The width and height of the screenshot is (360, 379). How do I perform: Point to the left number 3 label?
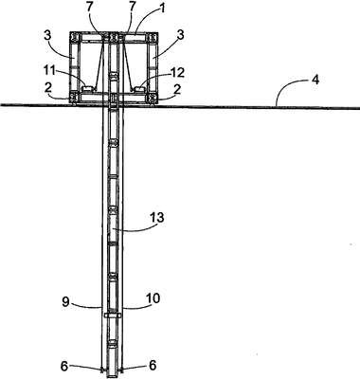click(x=47, y=37)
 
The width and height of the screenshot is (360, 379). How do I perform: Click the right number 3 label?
click(x=180, y=35)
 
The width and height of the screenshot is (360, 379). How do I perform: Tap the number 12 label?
click(x=177, y=73)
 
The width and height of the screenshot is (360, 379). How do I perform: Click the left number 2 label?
click(x=47, y=89)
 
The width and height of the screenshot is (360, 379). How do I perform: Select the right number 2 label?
click(x=177, y=90)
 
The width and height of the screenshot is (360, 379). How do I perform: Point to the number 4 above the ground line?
click(x=315, y=80)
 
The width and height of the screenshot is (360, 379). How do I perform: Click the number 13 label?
click(x=157, y=218)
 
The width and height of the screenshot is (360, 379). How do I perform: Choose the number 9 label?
click(x=65, y=302)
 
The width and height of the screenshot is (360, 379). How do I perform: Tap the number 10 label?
click(x=153, y=298)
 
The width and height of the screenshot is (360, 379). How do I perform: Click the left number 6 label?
click(x=64, y=366)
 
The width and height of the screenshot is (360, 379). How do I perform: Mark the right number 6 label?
click(x=153, y=366)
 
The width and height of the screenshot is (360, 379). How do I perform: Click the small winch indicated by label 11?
click(x=88, y=89)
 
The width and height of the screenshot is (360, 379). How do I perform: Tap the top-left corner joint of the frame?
click(x=75, y=38)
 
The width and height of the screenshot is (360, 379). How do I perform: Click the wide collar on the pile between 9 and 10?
click(x=112, y=316)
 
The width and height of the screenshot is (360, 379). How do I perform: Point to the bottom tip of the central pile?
click(x=112, y=376)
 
